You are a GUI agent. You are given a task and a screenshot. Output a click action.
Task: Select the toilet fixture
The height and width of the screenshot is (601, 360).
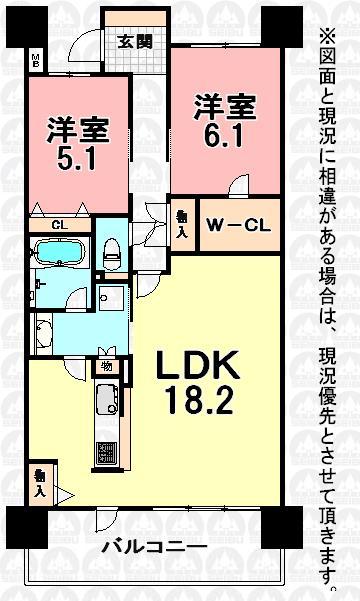(x=113, y=250)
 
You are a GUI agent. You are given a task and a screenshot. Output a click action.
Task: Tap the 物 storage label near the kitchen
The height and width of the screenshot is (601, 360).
(x=105, y=366)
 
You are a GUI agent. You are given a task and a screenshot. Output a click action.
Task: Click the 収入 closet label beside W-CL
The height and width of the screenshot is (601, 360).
(x=182, y=223)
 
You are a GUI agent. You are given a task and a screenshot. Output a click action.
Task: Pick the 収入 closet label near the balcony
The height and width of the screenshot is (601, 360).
(x=38, y=484)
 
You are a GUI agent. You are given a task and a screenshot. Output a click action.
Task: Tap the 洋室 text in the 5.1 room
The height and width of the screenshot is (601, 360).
(x=77, y=128)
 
